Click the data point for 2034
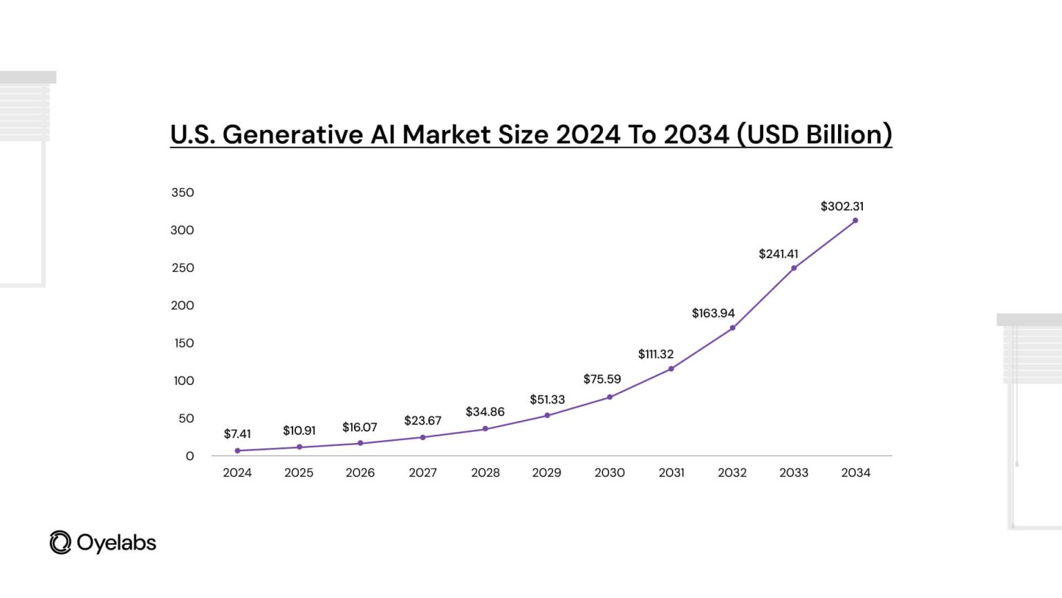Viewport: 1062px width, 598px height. [x=855, y=221]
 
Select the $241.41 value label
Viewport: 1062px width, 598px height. [x=779, y=254]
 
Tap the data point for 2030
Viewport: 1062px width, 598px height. [x=610, y=397]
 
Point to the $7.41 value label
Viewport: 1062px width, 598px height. [x=237, y=434]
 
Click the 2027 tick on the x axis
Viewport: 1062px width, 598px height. [x=422, y=473]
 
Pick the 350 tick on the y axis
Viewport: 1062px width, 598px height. [x=183, y=192]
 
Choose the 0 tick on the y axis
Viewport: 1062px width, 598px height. [x=189, y=456]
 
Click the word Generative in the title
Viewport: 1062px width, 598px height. [x=293, y=134]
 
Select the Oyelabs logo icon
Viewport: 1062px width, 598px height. [x=60, y=543]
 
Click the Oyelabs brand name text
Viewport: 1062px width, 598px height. [x=116, y=543]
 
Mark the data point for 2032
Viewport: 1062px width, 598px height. [x=732, y=328]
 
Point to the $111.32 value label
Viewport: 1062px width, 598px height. [x=655, y=354]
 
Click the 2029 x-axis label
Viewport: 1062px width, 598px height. [x=546, y=473]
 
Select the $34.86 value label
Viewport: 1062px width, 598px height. [x=485, y=412]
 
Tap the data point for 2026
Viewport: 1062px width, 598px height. [x=360, y=443]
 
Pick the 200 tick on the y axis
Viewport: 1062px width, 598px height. [x=183, y=305]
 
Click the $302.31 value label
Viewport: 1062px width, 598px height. [x=841, y=206]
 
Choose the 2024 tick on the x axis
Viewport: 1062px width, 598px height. [x=237, y=473]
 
